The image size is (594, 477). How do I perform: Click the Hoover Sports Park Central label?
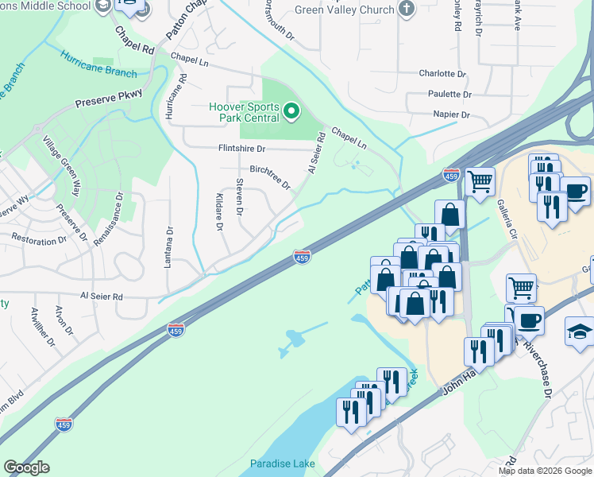pos(244,112)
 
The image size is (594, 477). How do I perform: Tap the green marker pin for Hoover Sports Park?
pos(291,111)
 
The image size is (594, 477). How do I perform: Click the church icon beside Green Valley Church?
pos(407,10)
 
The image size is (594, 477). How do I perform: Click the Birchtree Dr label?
pos(270,177)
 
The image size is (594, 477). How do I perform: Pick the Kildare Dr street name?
pos(219,211)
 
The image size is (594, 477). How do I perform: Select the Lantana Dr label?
pos(168,246)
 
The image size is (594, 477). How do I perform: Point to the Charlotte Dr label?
pos(442,73)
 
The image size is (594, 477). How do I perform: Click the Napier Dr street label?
pos(452,114)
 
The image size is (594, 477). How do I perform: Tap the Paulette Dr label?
pos(449,94)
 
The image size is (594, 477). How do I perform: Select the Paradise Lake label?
pos(282,463)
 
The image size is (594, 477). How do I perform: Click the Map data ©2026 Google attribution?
pos(543,471)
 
